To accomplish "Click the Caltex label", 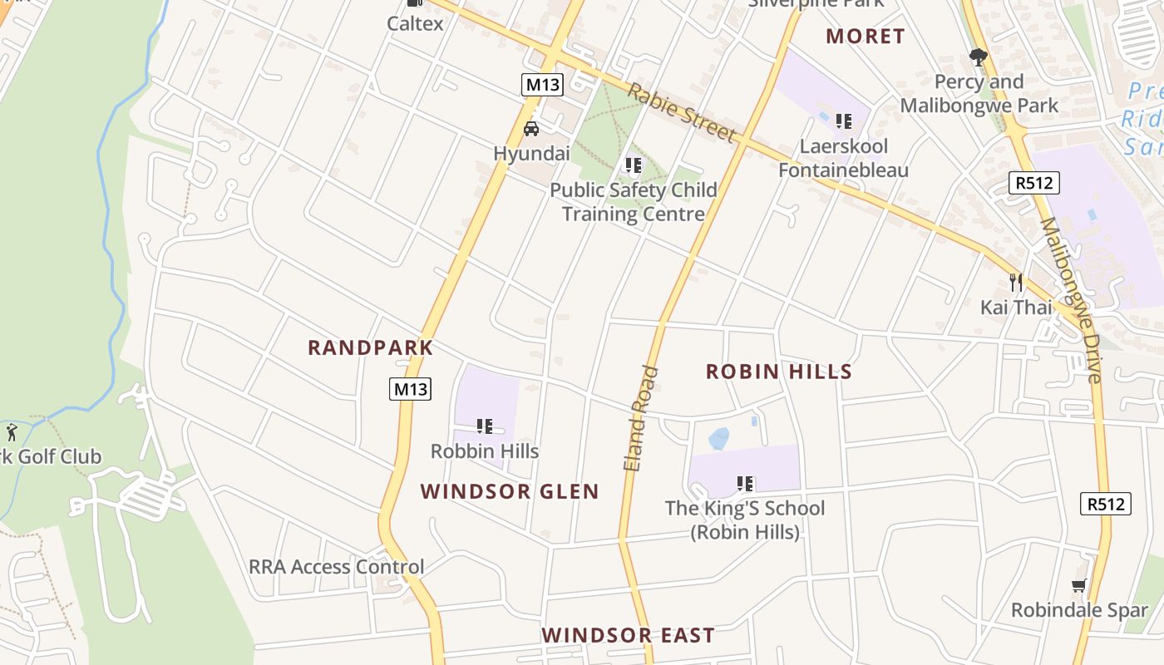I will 415,23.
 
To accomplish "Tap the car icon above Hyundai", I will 530,129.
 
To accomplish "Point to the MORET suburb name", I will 865,36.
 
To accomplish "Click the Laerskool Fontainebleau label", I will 843,158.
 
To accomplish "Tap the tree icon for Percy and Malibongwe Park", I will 978,57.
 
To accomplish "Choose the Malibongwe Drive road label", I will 1070,300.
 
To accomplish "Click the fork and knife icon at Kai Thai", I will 1015,282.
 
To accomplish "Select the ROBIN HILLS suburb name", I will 779,372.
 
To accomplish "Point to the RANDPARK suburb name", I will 371,347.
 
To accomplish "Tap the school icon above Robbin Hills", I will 485,426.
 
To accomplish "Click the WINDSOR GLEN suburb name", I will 510,491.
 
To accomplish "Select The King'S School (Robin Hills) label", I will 745,520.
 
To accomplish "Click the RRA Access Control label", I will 336,567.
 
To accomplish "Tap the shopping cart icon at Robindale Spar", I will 1079,585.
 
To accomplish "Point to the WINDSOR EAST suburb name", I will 628,635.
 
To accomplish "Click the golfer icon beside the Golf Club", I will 12,432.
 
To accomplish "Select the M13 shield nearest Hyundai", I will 543,84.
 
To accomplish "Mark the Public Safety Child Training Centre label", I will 634,202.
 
